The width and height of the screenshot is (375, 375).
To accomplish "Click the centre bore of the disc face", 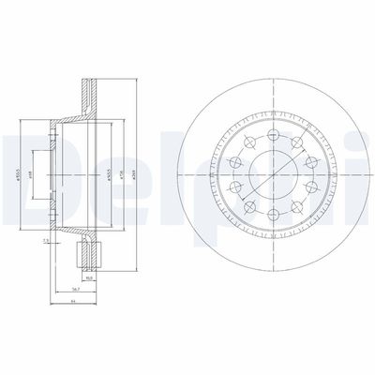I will point(273,172).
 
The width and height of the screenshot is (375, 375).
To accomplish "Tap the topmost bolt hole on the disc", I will point(273,129).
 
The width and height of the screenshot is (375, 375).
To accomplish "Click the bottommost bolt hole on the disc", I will point(273,216).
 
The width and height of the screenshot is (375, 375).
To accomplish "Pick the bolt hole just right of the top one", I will point(296,141).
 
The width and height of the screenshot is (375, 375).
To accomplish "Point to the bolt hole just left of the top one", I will point(250,141).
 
